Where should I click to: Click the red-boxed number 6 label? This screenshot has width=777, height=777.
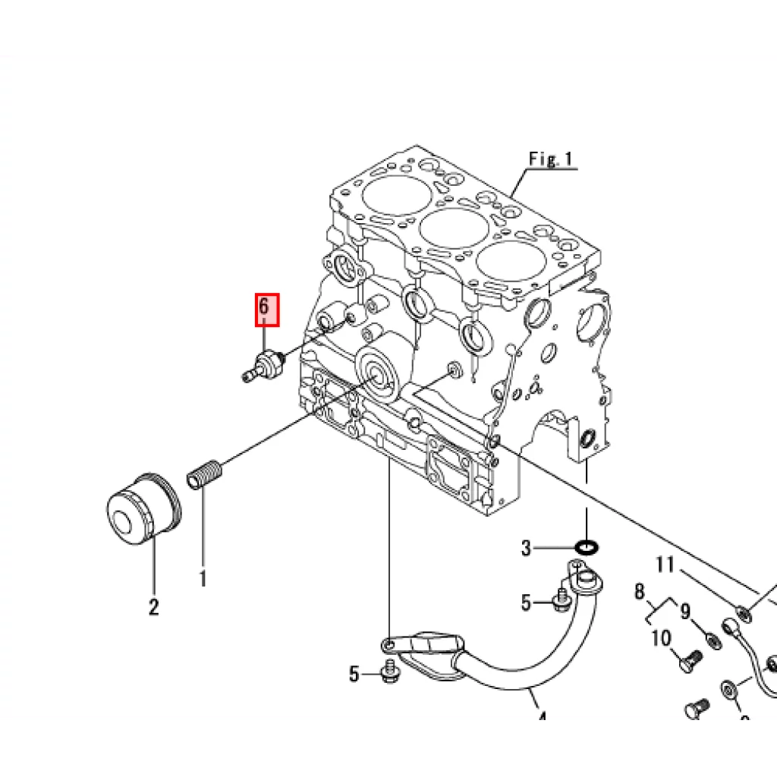pyautogui.click(x=266, y=310)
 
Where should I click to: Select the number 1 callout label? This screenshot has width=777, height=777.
pyautogui.click(x=203, y=578)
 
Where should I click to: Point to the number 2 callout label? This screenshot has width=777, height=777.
pyautogui.click(x=154, y=607)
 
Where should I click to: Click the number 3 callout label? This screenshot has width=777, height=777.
pyautogui.click(x=527, y=547)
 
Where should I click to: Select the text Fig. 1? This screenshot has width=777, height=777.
pyautogui.click(x=552, y=159)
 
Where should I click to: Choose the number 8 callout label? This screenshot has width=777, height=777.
pyautogui.click(x=639, y=592)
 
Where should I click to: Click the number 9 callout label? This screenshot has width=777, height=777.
pyautogui.click(x=684, y=610)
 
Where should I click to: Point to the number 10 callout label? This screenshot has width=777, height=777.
pyautogui.click(x=661, y=637)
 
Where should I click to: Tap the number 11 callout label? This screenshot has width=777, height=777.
pyautogui.click(x=665, y=565)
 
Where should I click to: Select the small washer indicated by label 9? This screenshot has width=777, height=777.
pyautogui.click(x=713, y=640)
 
